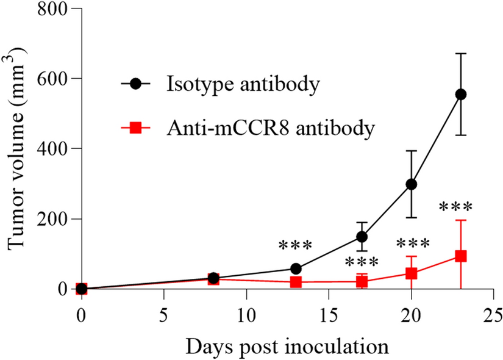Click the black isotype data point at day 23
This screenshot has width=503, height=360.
461,95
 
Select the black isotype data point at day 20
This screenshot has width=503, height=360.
412,184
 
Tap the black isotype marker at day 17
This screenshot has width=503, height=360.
362,237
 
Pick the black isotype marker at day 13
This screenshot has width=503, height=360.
296,268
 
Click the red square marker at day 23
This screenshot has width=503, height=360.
461,256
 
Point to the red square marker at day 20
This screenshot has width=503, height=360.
412,273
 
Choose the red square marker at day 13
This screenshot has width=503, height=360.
296,283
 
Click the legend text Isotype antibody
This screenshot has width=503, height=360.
243,85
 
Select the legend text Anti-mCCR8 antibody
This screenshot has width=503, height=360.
269,128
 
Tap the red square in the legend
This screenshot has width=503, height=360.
135,128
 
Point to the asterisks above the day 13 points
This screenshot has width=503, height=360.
296,247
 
